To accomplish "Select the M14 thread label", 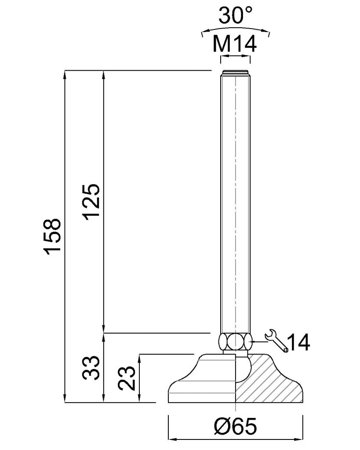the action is [235, 44].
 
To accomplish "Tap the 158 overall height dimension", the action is [52, 236].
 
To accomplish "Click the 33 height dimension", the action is [91, 368].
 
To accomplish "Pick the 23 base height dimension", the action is [127, 378].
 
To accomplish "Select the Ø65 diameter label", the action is [235, 426].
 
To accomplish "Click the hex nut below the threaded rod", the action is [236, 341].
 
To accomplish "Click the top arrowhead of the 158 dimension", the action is [65, 75].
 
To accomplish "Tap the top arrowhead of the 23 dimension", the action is [140, 359].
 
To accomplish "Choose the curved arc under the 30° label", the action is [236, 29].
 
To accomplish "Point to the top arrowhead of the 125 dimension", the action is [103, 75].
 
